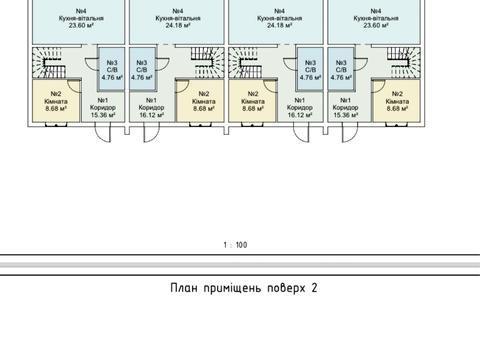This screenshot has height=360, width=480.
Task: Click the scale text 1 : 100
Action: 237,245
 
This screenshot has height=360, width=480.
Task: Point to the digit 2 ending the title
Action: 314,288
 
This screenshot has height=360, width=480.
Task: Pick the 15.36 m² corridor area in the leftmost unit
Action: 102,114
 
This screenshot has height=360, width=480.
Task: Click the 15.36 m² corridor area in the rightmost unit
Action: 345,114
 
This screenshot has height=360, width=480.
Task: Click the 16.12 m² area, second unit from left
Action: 152,114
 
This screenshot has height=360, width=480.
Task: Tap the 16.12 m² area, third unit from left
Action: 297,114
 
